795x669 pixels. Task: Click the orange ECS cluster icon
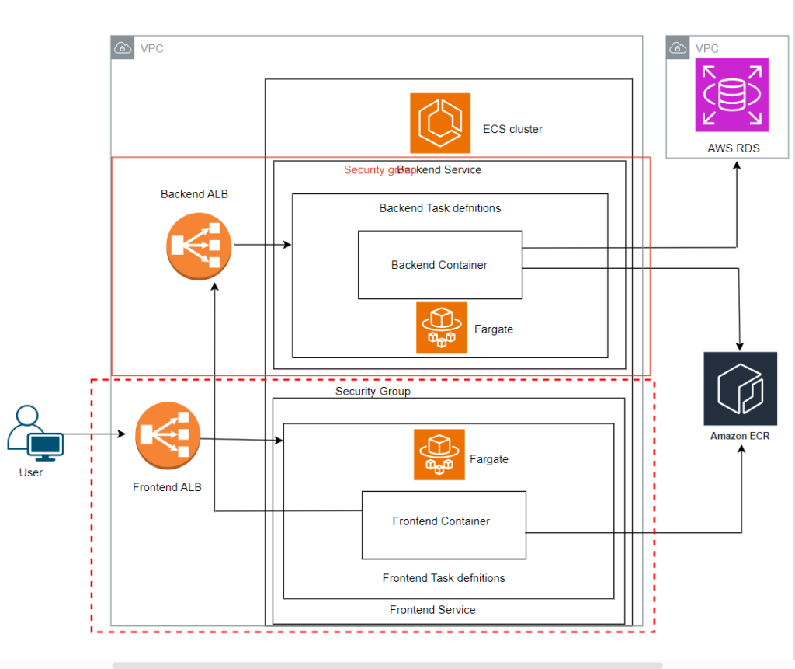click(440, 123)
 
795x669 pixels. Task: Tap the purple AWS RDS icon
click(731, 95)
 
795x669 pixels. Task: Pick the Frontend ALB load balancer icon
click(168, 435)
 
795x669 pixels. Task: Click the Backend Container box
click(439, 265)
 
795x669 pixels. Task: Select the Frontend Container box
click(443, 524)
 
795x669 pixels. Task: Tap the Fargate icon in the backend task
click(441, 327)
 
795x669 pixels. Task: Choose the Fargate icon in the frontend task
click(439, 455)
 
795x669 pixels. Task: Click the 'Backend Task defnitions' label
click(439, 208)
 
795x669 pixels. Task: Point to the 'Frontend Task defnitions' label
click(443, 578)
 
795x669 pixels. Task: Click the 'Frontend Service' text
click(432, 610)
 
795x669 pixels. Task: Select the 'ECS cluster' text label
click(512, 129)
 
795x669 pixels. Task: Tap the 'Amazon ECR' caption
click(740, 436)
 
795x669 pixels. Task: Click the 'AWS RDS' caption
click(731, 148)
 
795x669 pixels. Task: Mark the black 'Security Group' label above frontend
click(373, 392)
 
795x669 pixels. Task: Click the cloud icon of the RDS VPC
click(678, 48)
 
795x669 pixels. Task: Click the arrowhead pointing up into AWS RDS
click(736, 166)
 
